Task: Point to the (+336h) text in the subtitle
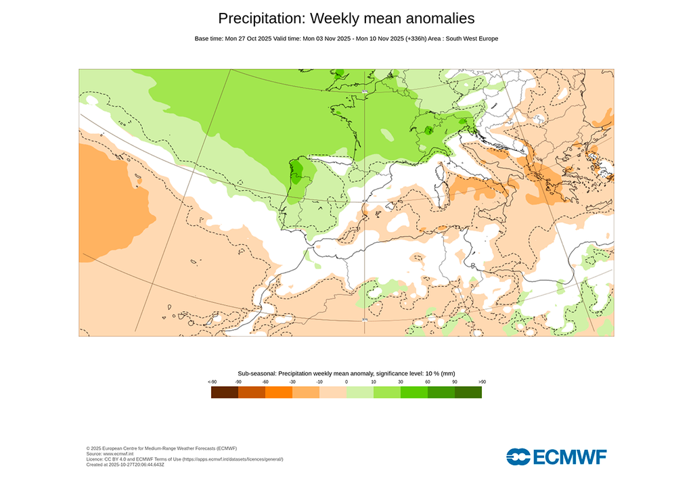[421, 39]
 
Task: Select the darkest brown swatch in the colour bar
[225, 392]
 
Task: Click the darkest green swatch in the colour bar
[468, 392]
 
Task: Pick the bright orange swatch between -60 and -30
[279, 392]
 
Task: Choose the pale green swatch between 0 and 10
[360, 392]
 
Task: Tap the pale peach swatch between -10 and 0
[333, 392]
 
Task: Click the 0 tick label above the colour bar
[346, 382]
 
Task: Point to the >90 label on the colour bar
[482, 382]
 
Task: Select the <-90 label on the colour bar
[212, 382]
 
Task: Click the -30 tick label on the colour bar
[292, 382]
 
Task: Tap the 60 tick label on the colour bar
[428, 382]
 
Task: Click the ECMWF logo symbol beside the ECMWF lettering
[519, 457]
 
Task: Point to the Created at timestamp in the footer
[125, 465]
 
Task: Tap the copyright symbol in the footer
[89, 448]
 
